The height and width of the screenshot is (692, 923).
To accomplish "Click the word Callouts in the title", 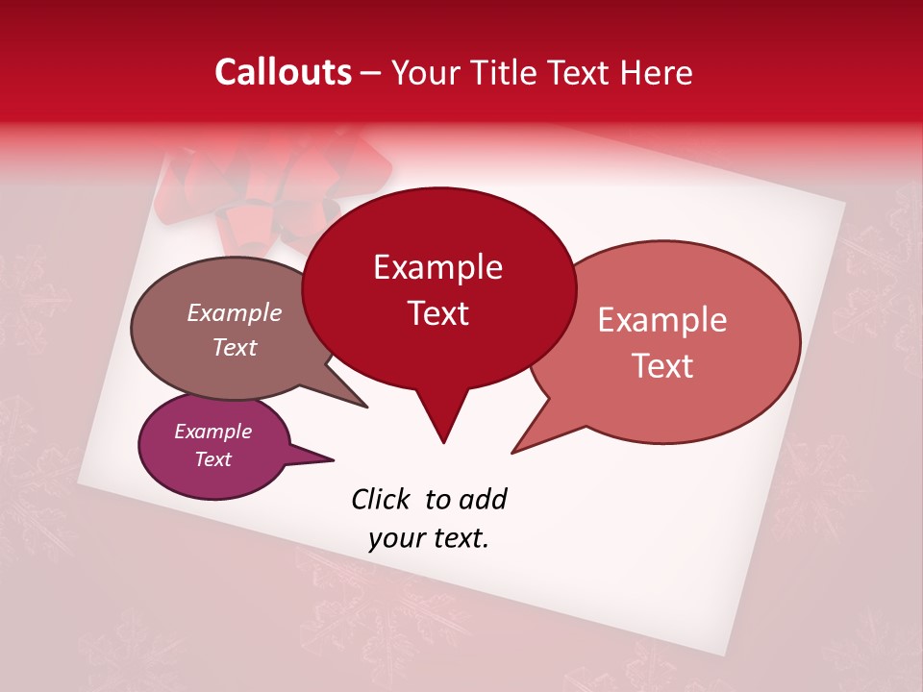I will tap(283, 72).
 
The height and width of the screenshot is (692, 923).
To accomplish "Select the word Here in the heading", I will tap(655, 72).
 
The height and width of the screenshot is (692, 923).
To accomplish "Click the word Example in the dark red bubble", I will tap(437, 267).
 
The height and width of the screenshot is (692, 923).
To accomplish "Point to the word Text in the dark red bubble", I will tap(437, 313).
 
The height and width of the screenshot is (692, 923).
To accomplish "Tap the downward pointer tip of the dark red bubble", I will tap(443, 442).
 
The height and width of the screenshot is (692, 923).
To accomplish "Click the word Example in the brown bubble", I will tap(234, 312).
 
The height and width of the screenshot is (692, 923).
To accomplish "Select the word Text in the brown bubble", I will tap(234, 347).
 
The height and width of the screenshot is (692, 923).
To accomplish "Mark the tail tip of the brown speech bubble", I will tap(366, 407).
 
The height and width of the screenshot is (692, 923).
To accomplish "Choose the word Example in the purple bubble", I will tap(212, 432).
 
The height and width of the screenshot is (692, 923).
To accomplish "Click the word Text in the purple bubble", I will tap(212, 459).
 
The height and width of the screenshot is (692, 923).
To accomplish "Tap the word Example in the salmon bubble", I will tap(662, 320).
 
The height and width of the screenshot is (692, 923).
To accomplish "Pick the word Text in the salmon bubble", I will tap(662, 366).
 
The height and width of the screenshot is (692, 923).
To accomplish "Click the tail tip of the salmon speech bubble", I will tap(513, 452).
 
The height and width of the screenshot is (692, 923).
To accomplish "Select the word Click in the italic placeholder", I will tap(382, 499).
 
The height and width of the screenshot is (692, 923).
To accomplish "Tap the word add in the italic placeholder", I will tap(483, 499).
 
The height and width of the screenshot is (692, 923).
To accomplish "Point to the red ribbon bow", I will tap(279, 187).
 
